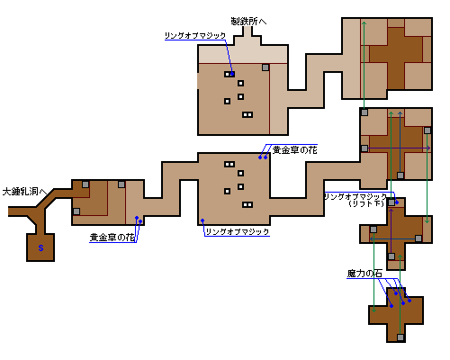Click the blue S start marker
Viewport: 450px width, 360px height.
40,248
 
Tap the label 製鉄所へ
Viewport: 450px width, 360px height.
248,22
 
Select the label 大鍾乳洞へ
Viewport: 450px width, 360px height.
24,192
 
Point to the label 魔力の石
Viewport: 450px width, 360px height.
364,274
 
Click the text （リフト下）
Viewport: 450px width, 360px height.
366,203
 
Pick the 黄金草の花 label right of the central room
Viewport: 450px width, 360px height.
294,149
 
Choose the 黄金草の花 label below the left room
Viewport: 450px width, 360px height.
112,238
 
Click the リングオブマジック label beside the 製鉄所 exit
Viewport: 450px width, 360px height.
195,36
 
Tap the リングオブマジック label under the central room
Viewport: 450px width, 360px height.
237,231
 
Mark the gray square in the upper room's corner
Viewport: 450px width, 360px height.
265,67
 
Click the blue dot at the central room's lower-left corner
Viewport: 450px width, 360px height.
202,220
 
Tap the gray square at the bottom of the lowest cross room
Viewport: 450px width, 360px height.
400,337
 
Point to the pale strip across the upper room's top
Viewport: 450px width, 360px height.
243,54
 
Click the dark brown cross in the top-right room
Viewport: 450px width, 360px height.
396,58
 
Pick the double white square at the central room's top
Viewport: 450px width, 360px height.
229,165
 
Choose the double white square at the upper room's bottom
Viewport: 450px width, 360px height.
247,114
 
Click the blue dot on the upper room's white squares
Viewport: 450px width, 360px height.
232,74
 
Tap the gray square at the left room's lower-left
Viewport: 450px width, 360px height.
76,211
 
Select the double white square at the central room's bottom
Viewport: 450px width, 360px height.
247,205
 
